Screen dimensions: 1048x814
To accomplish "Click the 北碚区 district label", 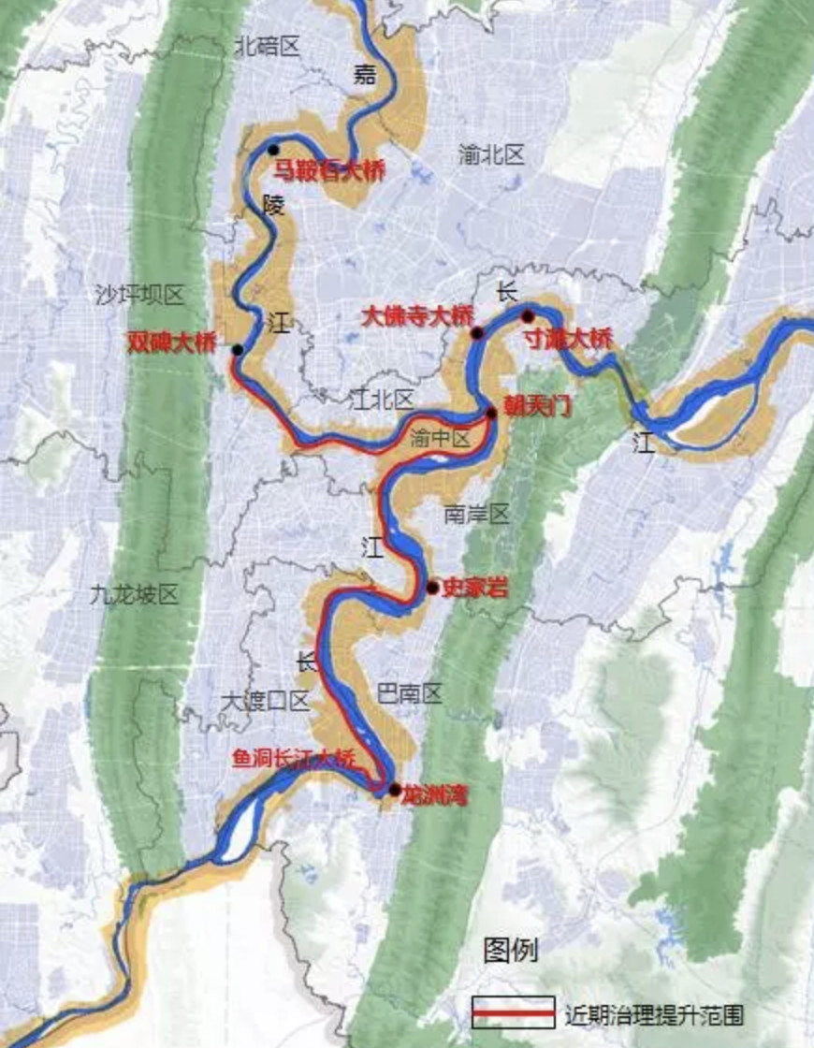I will (x=267, y=46).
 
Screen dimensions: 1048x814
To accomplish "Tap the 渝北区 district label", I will (x=491, y=155).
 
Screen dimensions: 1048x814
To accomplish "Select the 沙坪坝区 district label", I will (x=139, y=296).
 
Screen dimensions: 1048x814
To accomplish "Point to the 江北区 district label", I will (x=381, y=400).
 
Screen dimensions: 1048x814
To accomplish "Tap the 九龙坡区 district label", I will (x=135, y=594).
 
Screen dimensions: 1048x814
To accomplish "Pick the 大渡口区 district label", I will (x=265, y=700).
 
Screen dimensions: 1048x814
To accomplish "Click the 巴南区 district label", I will (x=408, y=693).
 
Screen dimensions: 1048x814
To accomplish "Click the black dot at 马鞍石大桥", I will (x=273, y=150).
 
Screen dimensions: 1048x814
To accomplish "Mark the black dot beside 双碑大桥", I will (x=238, y=350).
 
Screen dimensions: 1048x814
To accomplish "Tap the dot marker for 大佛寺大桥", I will (x=477, y=332).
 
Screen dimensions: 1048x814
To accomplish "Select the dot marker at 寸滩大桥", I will (x=528, y=315).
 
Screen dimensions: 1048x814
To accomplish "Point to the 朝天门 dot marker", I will (x=491, y=412).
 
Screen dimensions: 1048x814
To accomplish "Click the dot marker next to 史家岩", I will (x=432, y=588).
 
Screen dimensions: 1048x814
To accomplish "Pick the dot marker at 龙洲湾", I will (x=395, y=789).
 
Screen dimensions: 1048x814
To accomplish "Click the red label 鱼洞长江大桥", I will (x=295, y=759).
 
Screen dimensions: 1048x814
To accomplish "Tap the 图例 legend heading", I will (x=511, y=952).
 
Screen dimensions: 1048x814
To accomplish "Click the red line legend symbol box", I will (x=514, y=1012).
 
